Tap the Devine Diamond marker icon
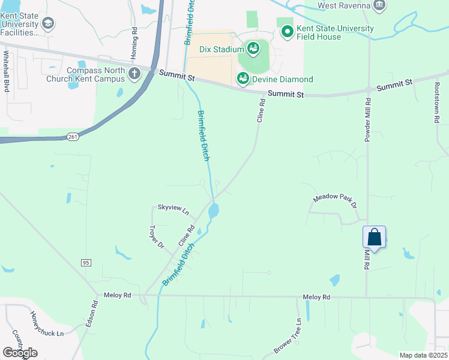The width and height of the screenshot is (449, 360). click(243, 78)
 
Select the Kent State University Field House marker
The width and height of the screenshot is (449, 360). click(288, 31)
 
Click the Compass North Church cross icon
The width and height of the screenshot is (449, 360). click(134, 74)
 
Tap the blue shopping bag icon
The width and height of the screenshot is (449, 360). click(375, 237)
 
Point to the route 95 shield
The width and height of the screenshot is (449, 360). click(86, 262)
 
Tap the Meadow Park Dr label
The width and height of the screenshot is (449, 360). click(335, 201)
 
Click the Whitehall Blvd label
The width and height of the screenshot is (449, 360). click(7, 71)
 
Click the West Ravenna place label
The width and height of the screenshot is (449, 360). click(342, 6)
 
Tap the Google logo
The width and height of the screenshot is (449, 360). click(20, 353)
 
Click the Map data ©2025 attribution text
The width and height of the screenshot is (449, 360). click(423, 355)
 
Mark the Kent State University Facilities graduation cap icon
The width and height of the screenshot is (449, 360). click(47, 24)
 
